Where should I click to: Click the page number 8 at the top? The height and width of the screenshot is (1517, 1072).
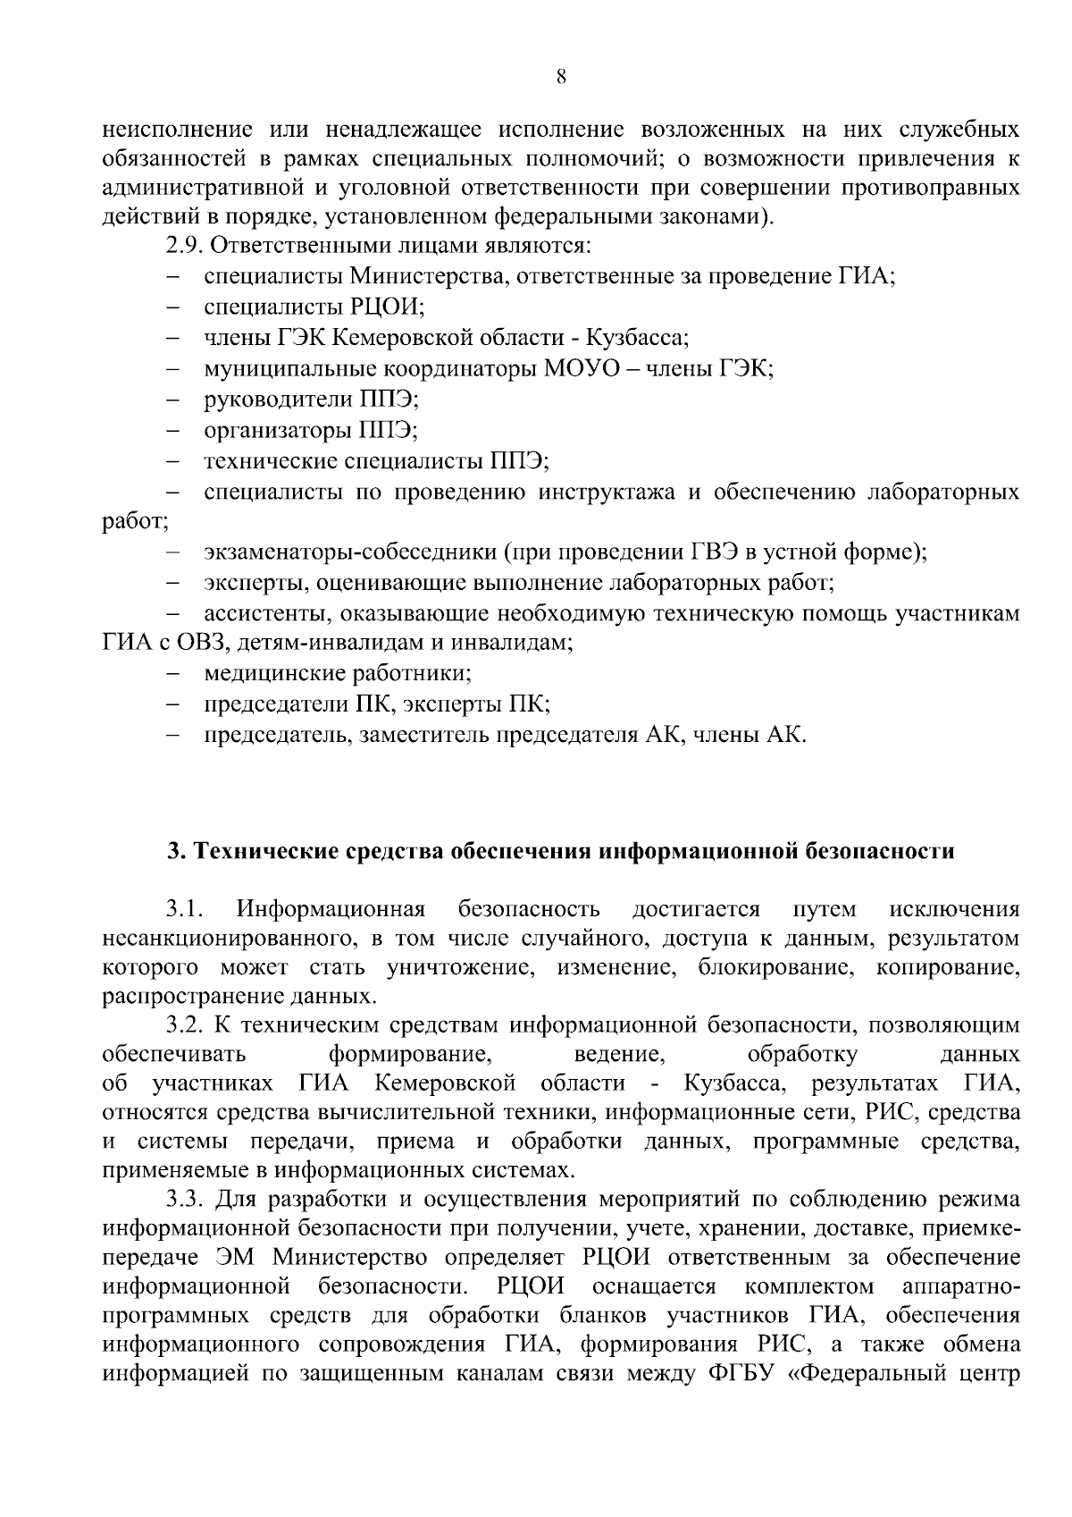click(x=561, y=77)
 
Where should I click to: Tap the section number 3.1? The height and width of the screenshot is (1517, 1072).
click(x=184, y=910)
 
